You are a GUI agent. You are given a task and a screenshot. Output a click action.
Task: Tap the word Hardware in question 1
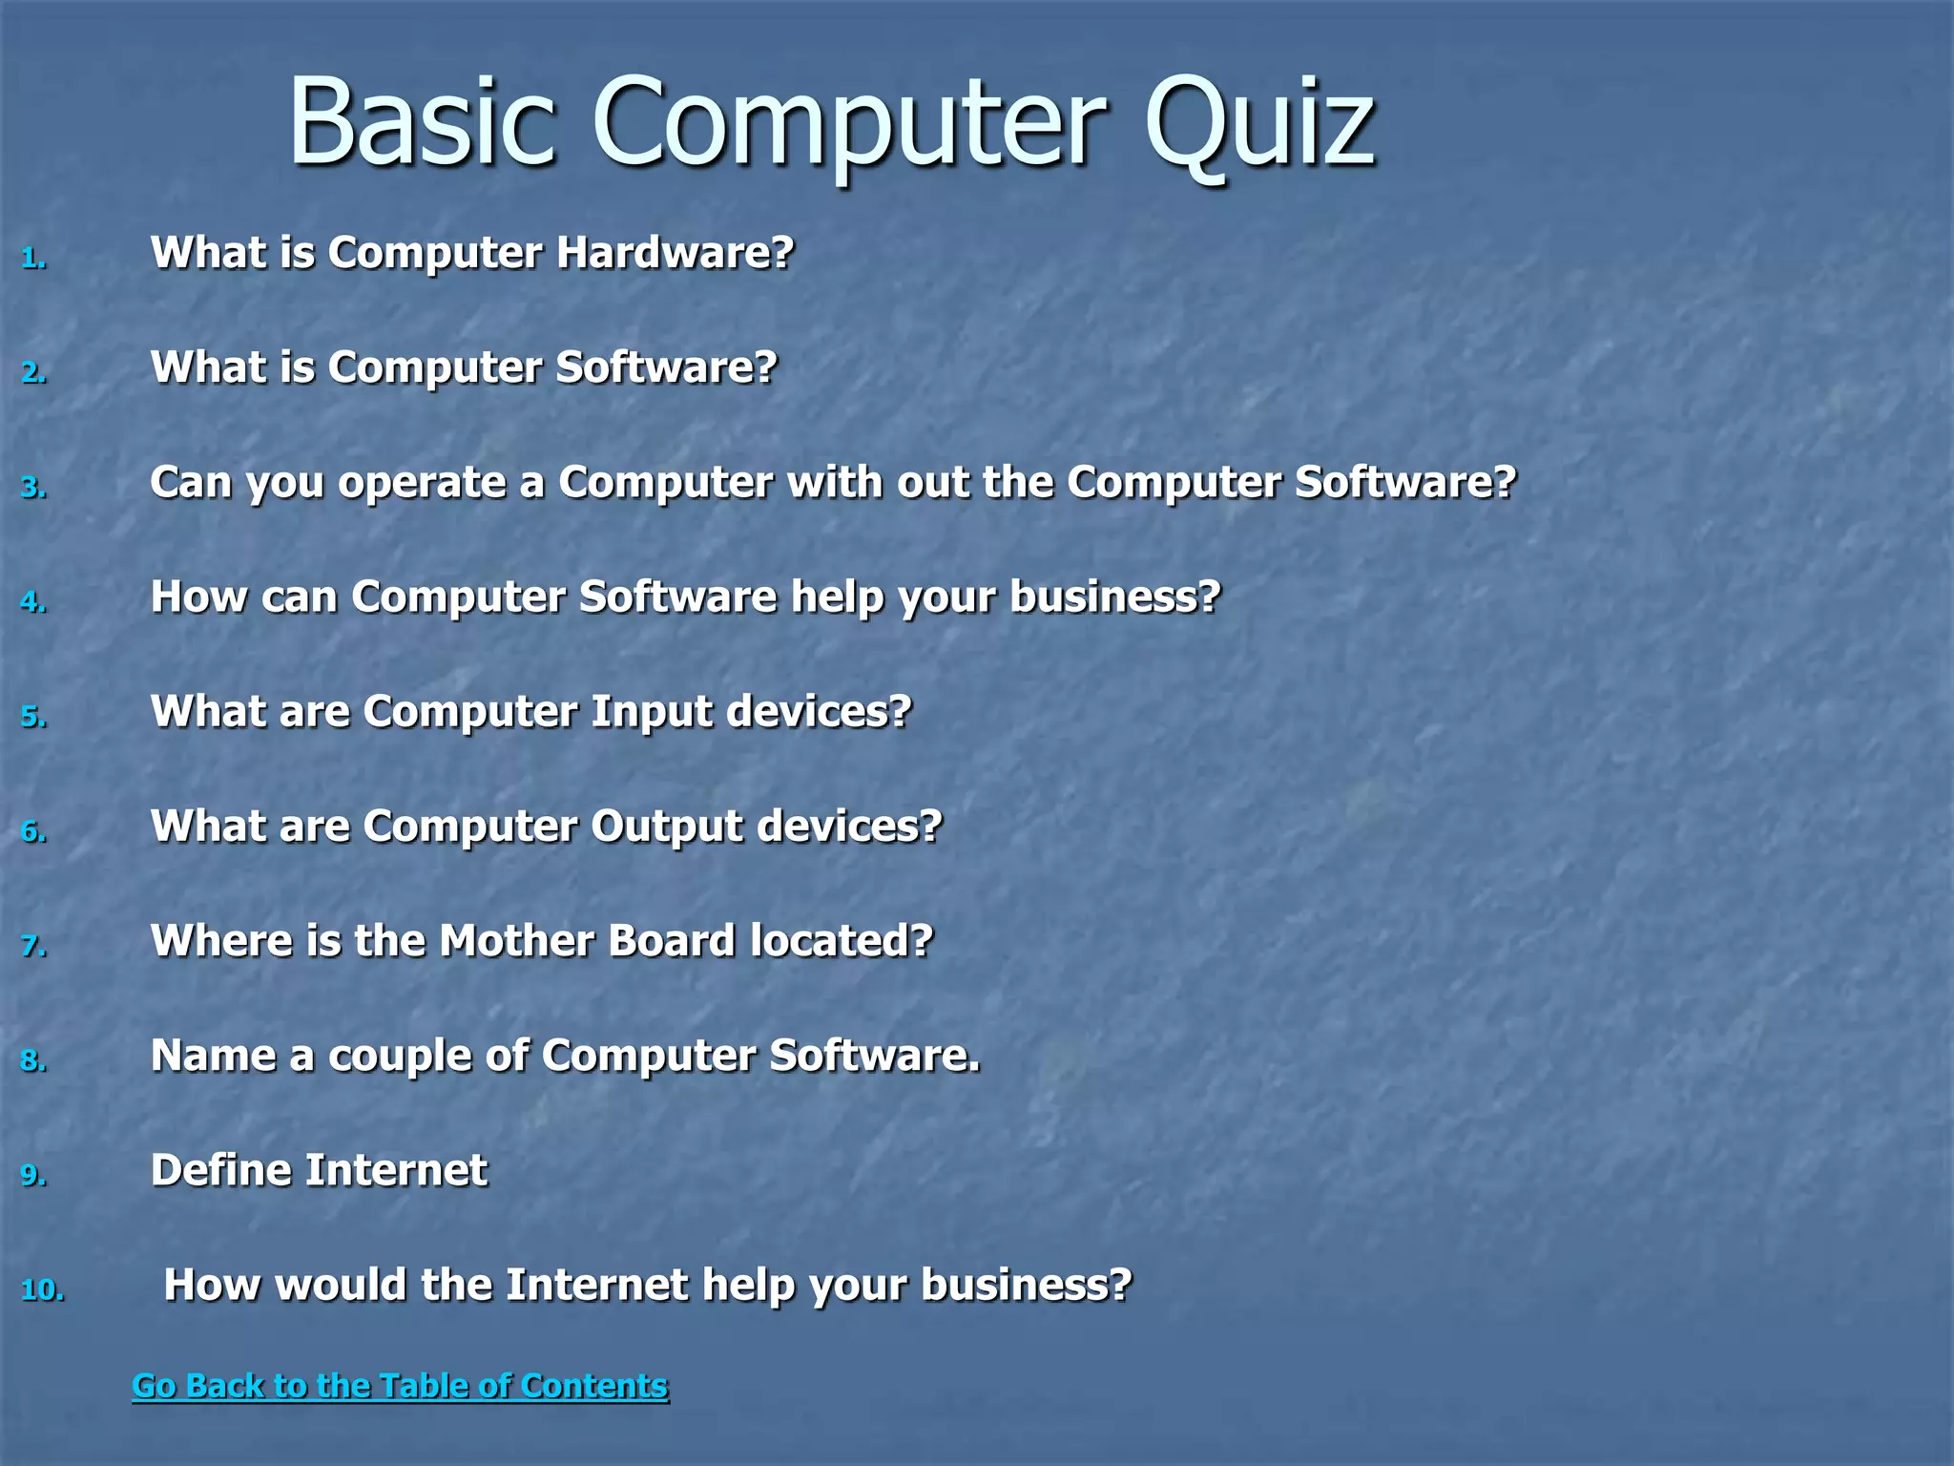(x=674, y=253)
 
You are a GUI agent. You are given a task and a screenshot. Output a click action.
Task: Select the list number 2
(x=33, y=372)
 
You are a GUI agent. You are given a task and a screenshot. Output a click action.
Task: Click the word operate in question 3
(x=422, y=483)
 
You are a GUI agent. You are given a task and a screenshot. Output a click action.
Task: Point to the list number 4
(x=33, y=602)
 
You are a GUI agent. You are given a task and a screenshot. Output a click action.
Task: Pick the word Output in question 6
(x=666, y=827)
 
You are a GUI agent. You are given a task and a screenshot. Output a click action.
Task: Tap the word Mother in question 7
(x=516, y=941)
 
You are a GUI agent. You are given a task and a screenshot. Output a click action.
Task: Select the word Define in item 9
(x=219, y=1170)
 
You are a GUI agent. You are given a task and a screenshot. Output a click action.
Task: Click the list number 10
(x=42, y=1290)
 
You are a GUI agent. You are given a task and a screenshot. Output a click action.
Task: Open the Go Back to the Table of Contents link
(x=400, y=1386)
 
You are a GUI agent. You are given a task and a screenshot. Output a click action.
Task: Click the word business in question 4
(x=1114, y=597)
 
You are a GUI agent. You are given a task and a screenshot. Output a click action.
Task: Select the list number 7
(x=33, y=946)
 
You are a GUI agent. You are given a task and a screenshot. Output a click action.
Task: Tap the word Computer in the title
(x=849, y=124)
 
